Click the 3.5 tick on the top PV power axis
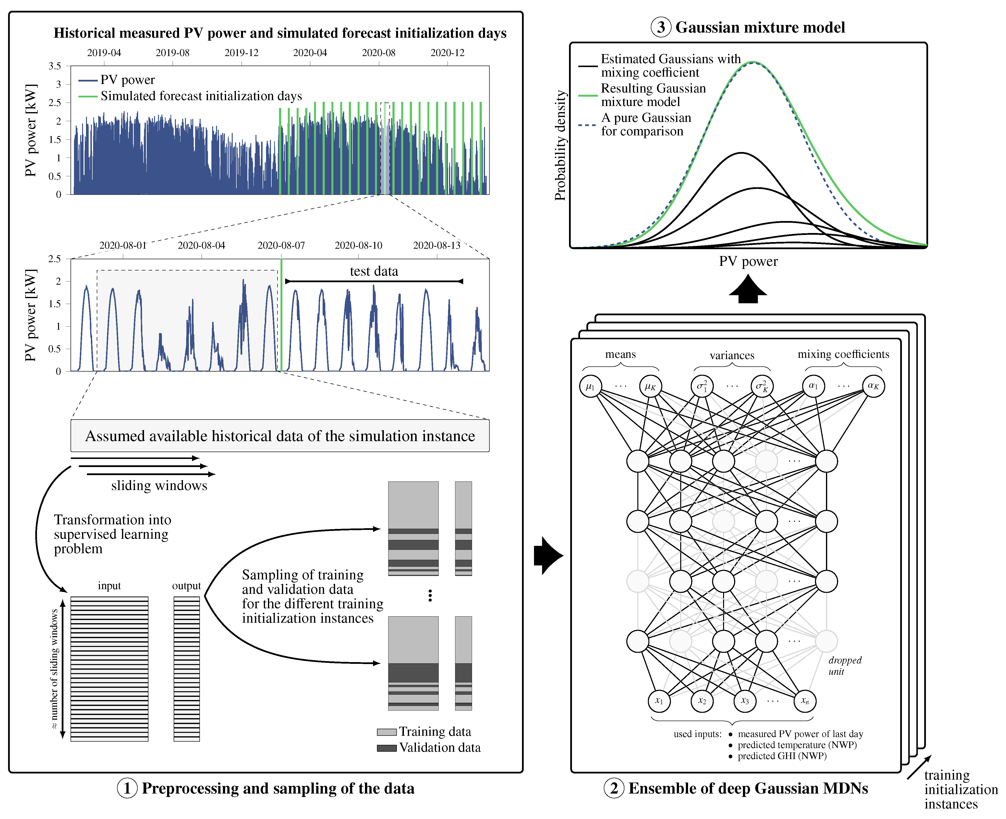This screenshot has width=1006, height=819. [x=55, y=66]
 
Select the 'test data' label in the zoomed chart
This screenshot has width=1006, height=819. [x=374, y=271]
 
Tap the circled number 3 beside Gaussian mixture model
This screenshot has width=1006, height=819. [x=661, y=27]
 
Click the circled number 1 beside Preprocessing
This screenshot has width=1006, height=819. [x=127, y=788]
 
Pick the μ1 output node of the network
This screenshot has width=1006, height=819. [x=590, y=386]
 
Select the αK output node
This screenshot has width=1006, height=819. [x=873, y=386]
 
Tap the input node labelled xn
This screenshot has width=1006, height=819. [x=805, y=701]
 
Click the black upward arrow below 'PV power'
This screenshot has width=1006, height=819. [x=748, y=289]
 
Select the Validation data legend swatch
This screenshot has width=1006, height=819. [x=386, y=748]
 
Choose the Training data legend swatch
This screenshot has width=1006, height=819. [x=386, y=732]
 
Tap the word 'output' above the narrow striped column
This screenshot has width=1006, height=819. [x=186, y=586]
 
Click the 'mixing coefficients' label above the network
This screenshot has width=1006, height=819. [x=843, y=354]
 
